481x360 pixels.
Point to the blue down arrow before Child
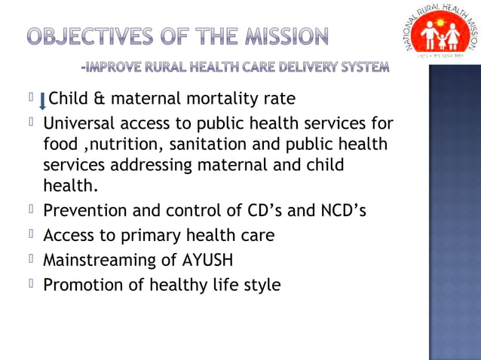42,100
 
